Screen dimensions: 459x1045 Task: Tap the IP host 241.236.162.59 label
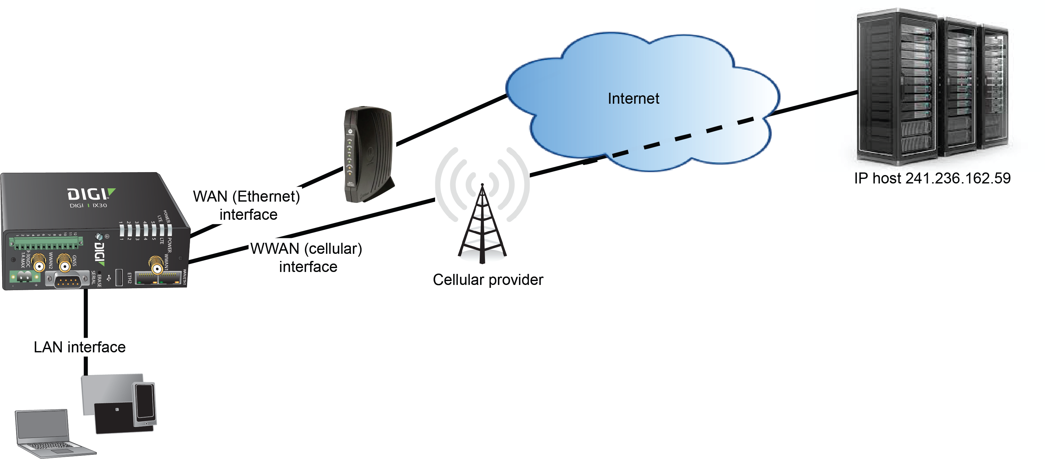(932, 178)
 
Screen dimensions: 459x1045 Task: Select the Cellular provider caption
(488, 280)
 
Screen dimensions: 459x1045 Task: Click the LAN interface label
(80, 347)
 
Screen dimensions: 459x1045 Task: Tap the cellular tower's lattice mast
(482, 228)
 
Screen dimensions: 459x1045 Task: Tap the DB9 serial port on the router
(67, 281)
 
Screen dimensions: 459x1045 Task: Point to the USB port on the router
(119, 277)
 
